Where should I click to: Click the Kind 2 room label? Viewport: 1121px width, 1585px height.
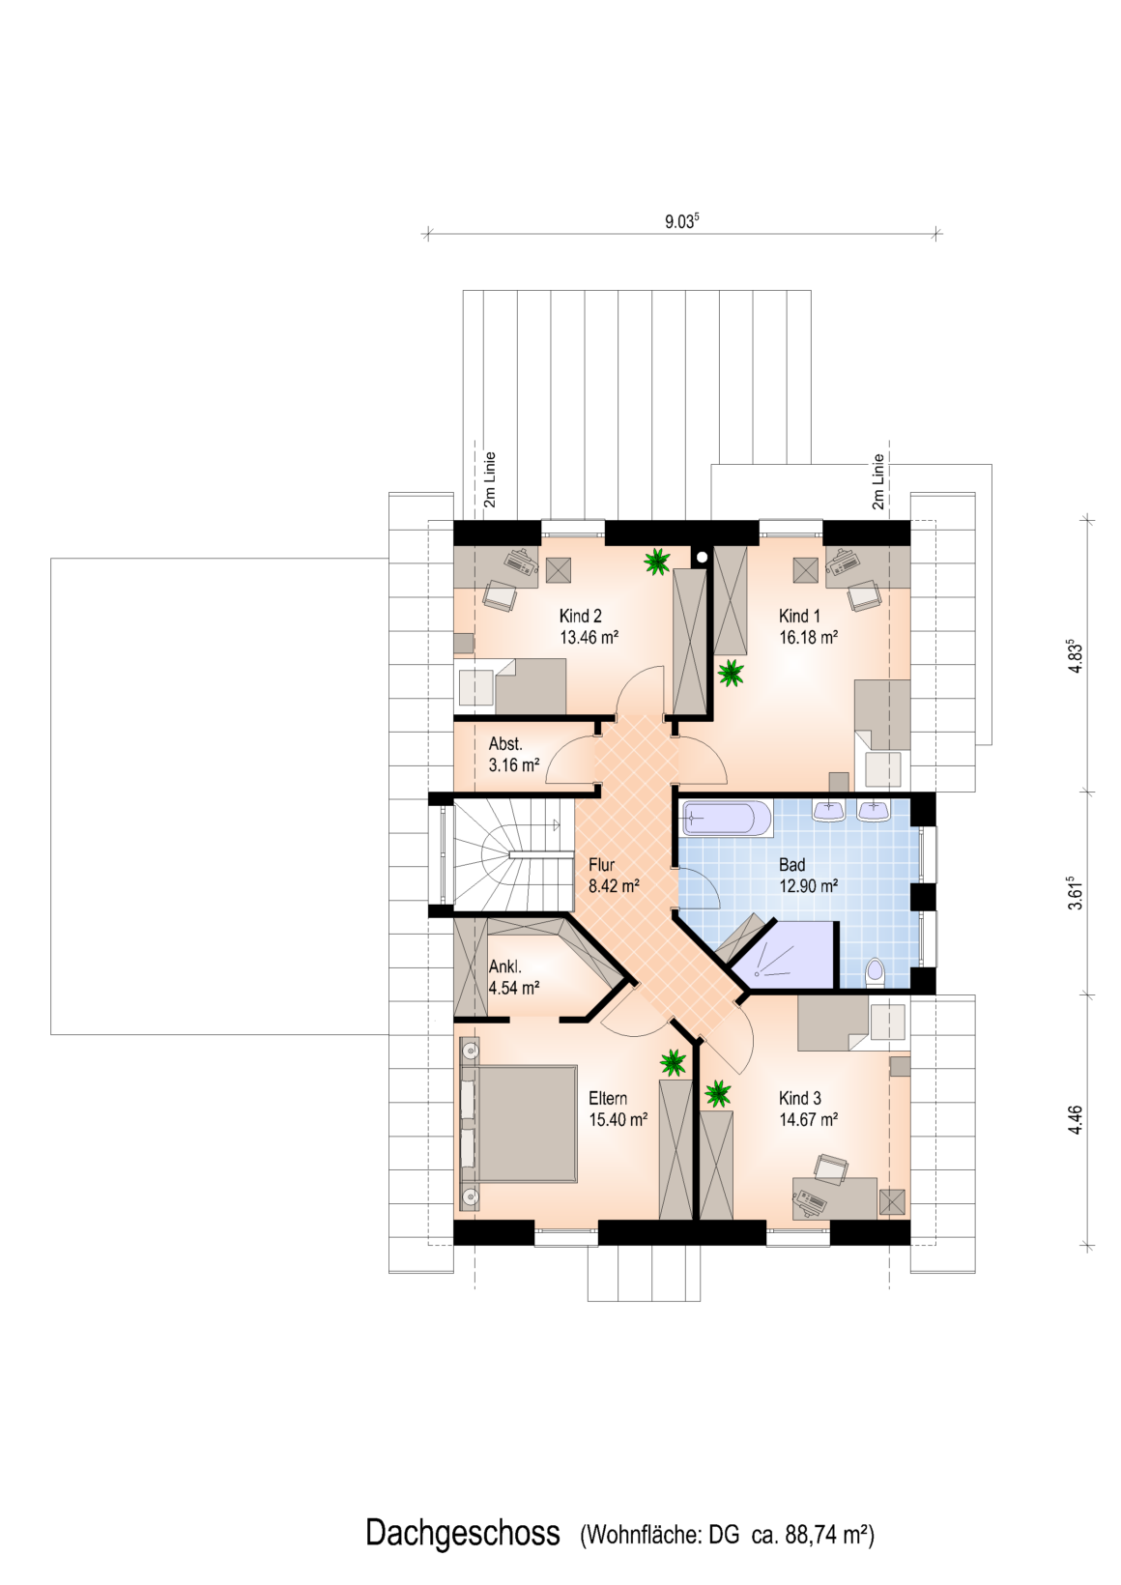click(581, 616)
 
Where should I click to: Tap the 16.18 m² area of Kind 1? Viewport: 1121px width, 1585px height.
click(808, 637)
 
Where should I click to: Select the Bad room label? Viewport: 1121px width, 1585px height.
click(791, 865)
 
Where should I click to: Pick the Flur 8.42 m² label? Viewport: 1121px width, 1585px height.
click(614, 876)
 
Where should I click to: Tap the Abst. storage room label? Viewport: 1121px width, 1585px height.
click(505, 744)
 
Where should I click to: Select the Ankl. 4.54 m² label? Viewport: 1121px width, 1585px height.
click(514, 977)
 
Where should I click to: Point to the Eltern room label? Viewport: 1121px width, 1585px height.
click(608, 1098)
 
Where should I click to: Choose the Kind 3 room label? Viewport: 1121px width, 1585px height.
click(800, 1098)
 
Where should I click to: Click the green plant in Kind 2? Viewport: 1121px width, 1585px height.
click(657, 562)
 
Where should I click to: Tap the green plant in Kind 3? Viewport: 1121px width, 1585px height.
click(718, 1094)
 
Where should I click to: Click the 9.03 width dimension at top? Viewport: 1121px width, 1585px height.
click(681, 222)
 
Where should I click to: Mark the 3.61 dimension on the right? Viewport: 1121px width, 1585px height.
click(1076, 894)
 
